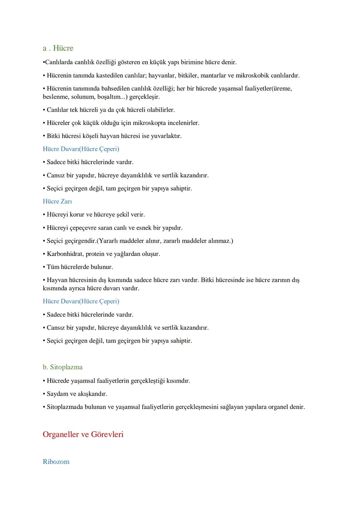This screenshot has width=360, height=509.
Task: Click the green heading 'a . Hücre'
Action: [58, 48]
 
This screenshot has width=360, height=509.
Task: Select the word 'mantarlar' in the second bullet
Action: [213, 76]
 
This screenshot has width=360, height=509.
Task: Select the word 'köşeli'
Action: [88, 136]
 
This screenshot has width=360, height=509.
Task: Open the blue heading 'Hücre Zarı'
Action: [57, 201]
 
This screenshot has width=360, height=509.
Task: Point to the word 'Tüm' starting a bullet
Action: [53, 267]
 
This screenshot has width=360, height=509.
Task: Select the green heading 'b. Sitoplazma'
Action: [63, 367]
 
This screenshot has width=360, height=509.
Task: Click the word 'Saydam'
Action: [57, 394]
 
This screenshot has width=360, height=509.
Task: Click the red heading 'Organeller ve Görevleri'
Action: [83, 434]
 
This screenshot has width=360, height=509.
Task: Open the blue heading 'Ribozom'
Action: [56, 462]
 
